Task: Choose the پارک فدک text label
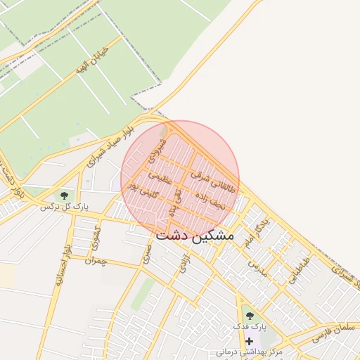click(250, 327)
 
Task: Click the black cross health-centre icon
click(249, 340)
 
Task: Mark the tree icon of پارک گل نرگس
click(64, 195)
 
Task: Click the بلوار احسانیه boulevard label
click(63, 266)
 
